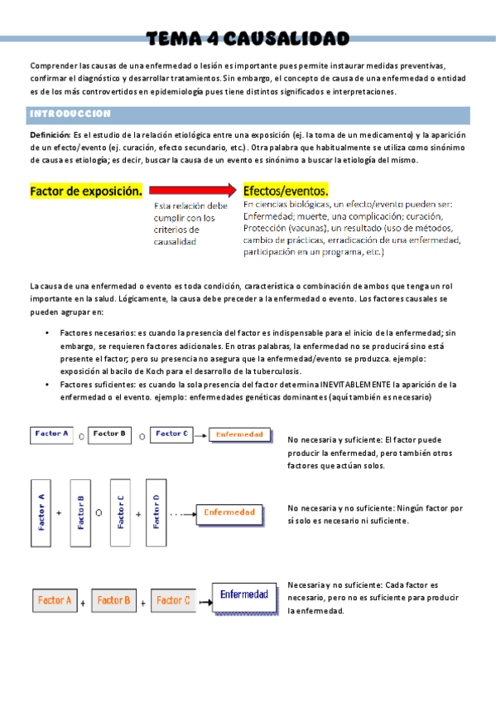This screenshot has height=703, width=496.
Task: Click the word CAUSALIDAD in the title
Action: (x=286, y=38)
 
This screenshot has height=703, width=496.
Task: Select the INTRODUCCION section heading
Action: (x=70, y=114)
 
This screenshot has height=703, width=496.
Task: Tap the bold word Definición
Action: (x=50, y=135)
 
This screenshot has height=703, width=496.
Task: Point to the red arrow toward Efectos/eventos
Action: (x=195, y=191)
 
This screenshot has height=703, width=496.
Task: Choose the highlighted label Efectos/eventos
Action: (x=286, y=191)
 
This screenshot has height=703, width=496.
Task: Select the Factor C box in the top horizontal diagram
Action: (x=173, y=433)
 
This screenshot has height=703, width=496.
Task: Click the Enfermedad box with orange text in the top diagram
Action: (x=240, y=434)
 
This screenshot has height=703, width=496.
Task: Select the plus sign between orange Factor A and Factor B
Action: (x=84, y=603)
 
